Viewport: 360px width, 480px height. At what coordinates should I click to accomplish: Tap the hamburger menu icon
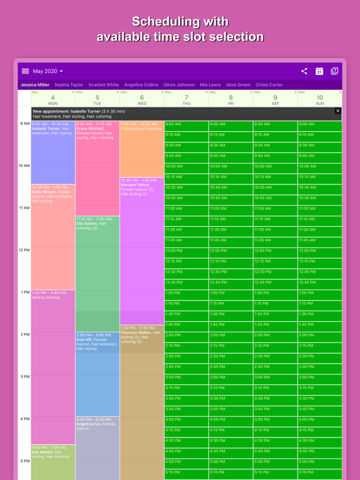(25, 71)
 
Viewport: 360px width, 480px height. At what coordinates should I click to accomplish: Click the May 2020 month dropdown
(48, 71)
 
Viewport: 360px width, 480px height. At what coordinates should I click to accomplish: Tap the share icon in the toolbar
(304, 71)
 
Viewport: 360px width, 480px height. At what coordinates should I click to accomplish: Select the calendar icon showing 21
(319, 71)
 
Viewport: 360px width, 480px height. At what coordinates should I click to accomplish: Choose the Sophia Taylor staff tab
(69, 85)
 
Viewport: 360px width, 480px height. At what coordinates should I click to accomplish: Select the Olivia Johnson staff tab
(179, 85)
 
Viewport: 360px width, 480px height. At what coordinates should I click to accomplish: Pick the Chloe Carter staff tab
(269, 85)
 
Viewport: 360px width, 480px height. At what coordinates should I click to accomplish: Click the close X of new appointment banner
(338, 111)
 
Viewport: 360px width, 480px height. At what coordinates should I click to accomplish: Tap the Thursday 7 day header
(186, 99)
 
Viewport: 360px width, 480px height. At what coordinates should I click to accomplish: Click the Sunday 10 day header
(319, 99)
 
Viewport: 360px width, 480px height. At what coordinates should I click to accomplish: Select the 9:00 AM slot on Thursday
(186, 124)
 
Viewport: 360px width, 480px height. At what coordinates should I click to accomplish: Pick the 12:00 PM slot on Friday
(231, 251)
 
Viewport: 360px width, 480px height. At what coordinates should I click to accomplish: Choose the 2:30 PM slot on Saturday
(275, 356)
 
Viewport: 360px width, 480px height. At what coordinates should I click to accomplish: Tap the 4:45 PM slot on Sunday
(319, 451)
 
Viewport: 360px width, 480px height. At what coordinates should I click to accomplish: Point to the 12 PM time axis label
(24, 250)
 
